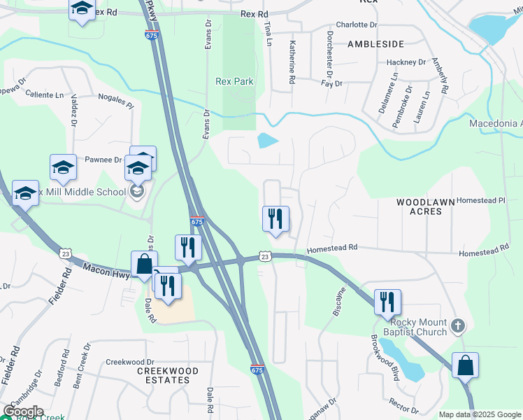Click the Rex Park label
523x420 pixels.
click(234, 81)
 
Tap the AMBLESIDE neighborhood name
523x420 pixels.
click(375, 43)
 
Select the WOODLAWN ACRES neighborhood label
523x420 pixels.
click(426, 206)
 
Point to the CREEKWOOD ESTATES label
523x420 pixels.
click(168, 375)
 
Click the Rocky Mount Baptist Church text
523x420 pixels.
click(418, 327)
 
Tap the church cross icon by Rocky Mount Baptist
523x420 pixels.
click(458, 325)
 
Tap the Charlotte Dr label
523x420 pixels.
click(356, 24)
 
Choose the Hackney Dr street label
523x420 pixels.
click(406, 62)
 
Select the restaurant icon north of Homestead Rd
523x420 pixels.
click(275, 218)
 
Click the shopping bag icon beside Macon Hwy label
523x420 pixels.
click(144, 265)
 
